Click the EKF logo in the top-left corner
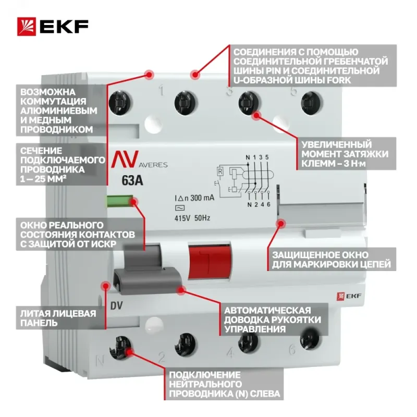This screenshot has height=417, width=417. point(53,27)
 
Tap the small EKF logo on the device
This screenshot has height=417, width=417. point(349,296)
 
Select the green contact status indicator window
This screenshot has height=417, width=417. point(120,201)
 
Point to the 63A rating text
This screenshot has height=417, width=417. point(132,180)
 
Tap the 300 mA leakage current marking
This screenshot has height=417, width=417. point(194,198)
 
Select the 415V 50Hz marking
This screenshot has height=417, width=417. point(192,218)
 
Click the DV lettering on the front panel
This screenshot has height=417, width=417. point(116,306)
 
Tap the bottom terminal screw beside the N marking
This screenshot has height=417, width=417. point(120,347)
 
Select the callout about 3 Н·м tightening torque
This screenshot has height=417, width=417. point(346,154)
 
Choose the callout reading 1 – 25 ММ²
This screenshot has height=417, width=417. point(61,165)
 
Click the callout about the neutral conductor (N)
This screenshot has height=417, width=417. point(224,384)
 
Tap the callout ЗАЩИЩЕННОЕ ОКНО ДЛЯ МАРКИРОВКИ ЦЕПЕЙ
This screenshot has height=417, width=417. point(332,260)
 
